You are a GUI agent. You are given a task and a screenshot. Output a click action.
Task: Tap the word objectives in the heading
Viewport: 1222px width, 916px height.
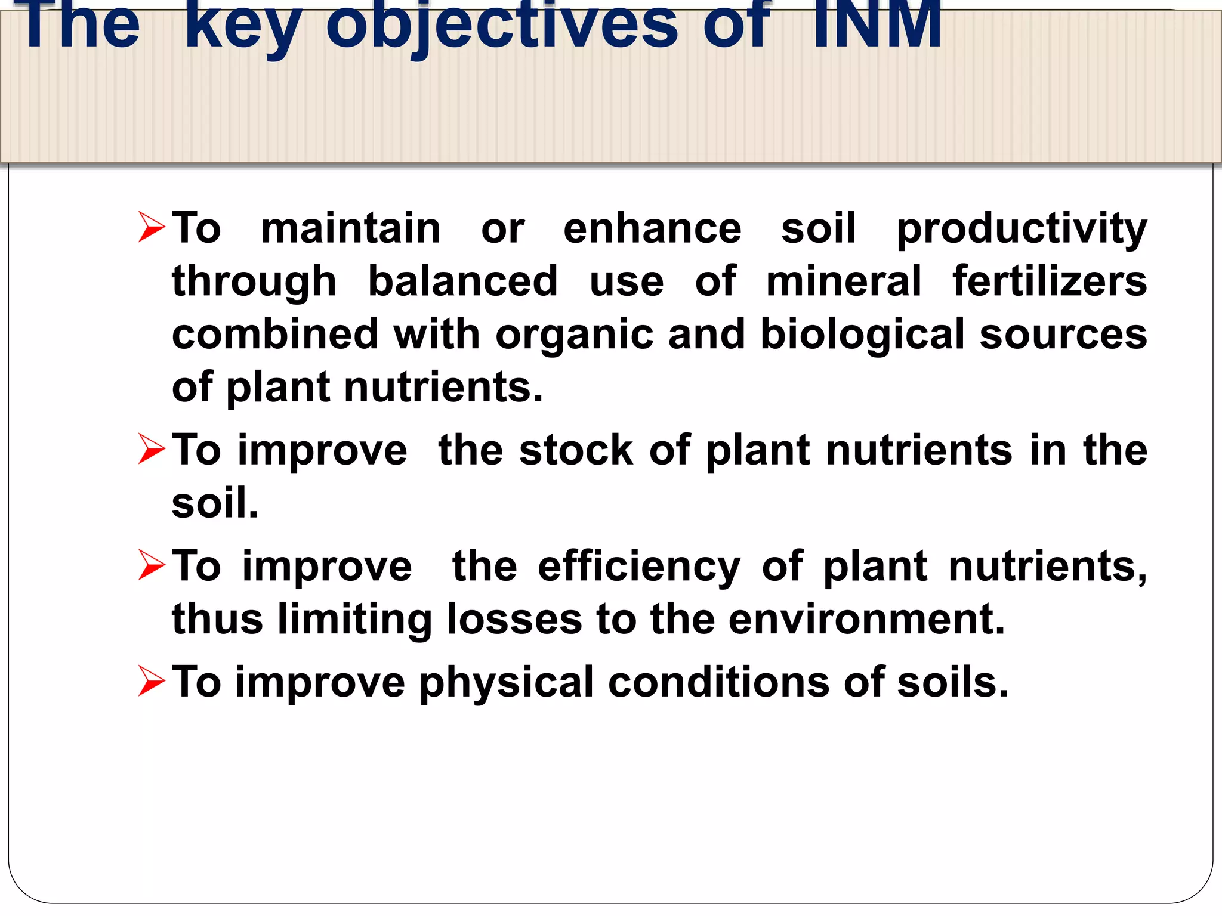coord(501,25)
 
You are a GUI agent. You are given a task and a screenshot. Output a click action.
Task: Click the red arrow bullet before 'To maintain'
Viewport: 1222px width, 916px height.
coord(150,227)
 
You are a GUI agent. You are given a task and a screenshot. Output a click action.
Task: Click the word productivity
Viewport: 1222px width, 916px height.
coord(1022,229)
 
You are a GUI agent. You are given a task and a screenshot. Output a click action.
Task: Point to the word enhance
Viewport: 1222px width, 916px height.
coord(652,228)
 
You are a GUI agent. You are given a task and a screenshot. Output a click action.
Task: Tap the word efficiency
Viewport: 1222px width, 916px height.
coord(638,567)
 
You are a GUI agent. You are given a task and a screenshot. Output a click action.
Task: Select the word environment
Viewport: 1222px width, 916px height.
coord(866,619)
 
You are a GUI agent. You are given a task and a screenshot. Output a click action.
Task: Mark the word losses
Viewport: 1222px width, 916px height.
coord(514,619)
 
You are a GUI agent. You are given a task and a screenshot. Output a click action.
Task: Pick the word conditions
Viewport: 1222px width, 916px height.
coord(718,682)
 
